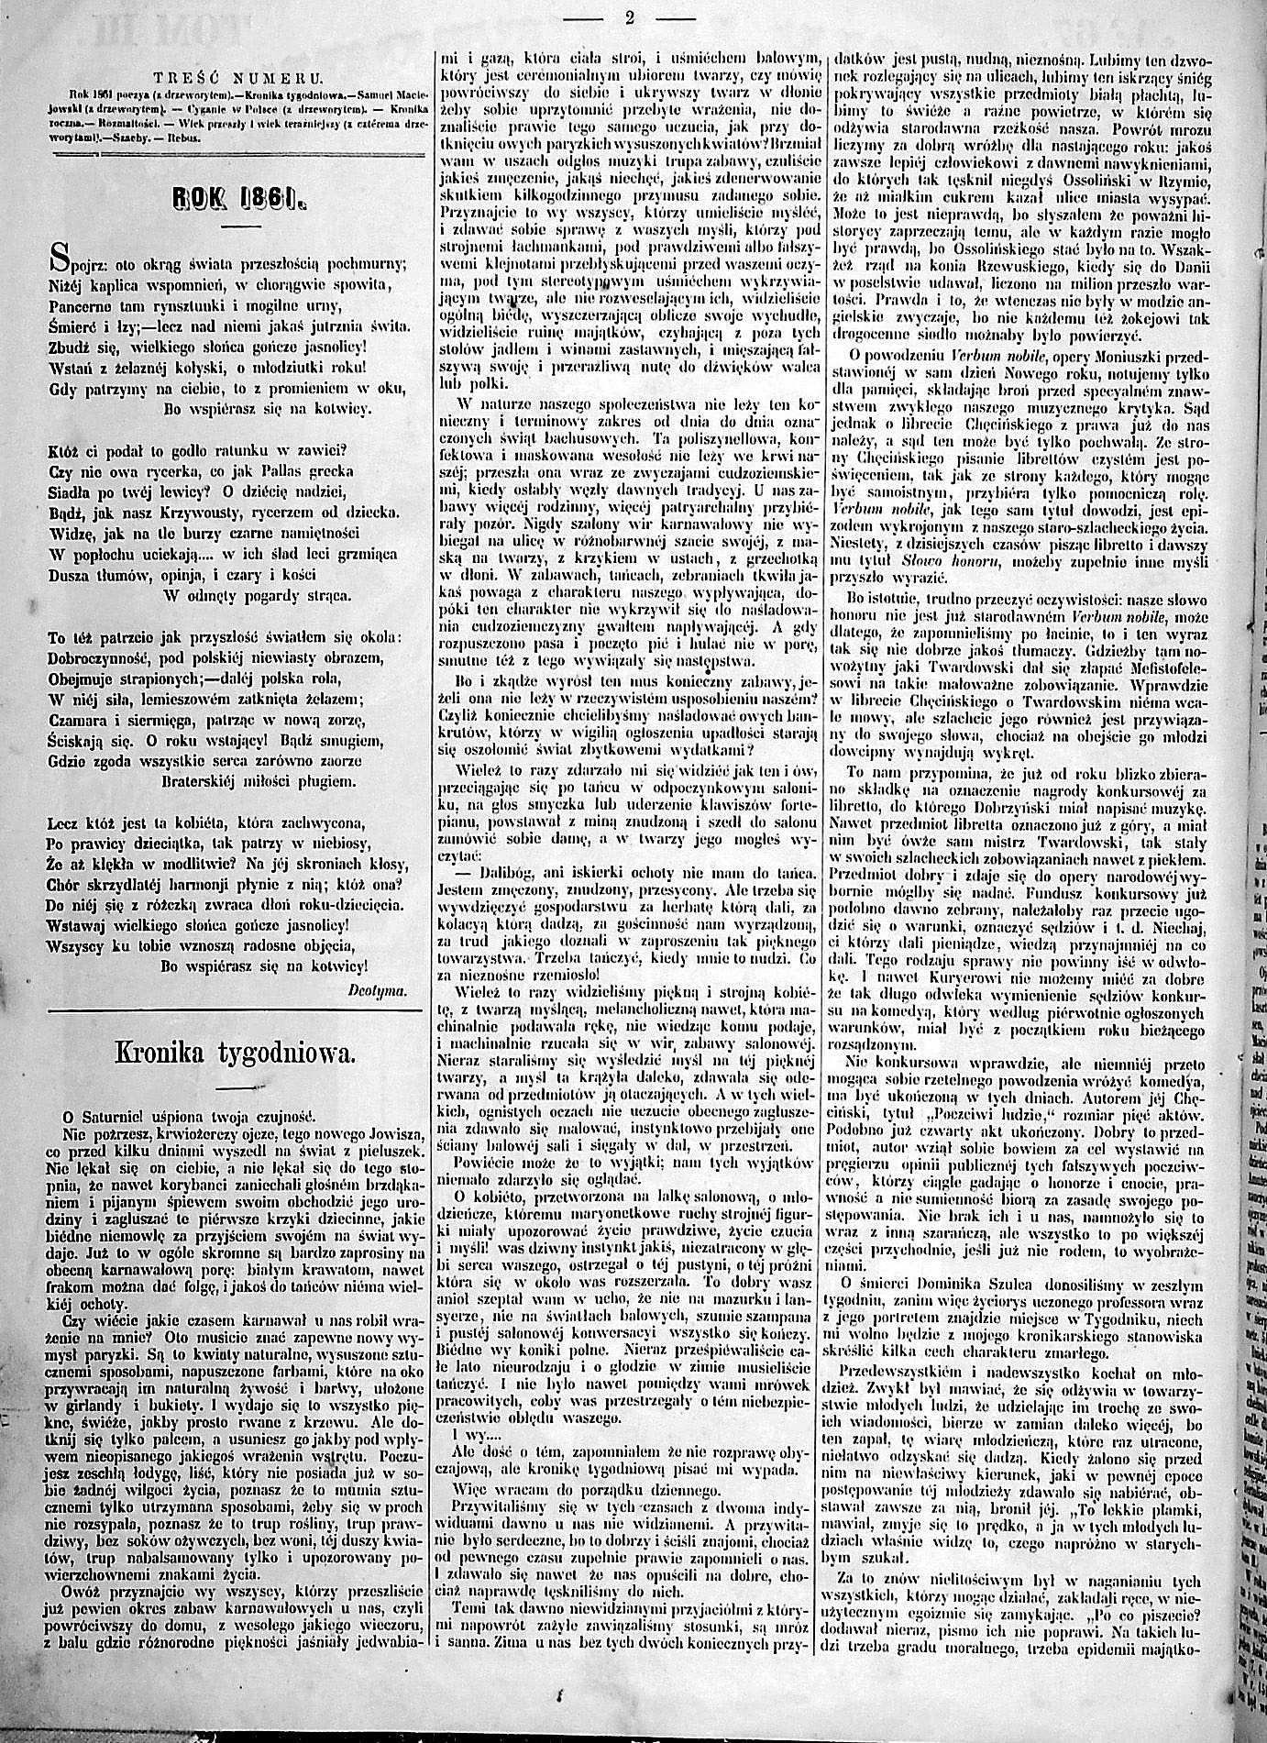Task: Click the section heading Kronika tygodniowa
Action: click(234, 1054)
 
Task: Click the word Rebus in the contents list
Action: click(185, 137)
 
